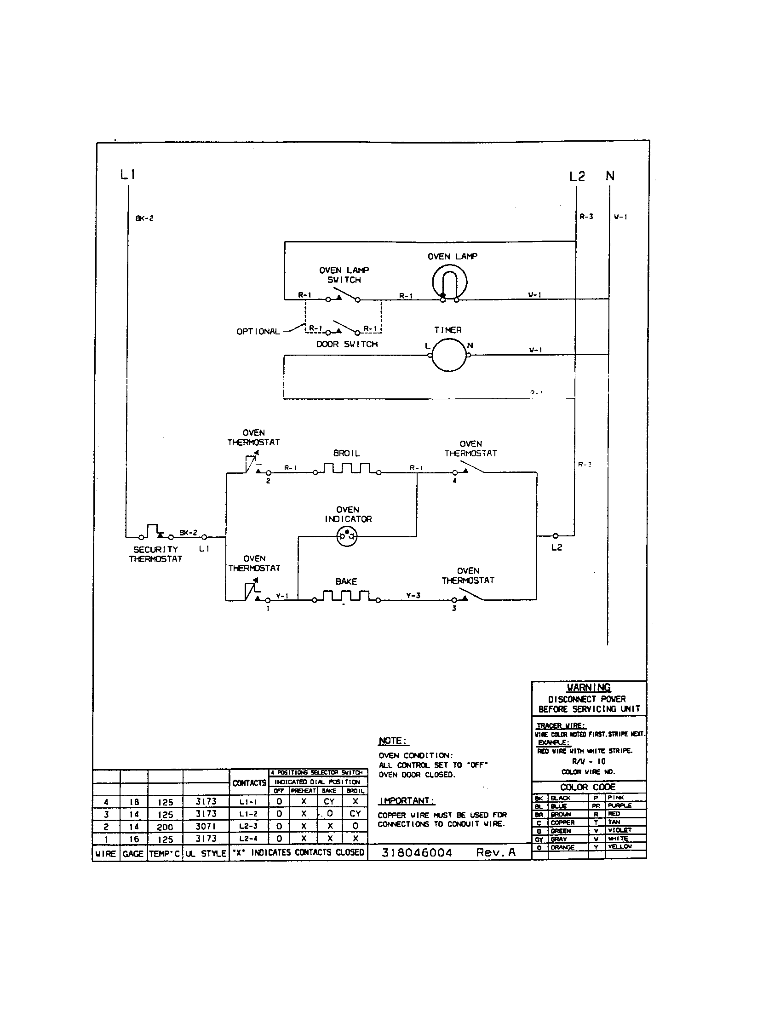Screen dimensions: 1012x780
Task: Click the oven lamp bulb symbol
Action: tap(449, 282)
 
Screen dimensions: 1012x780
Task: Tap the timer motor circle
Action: tap(449, 355)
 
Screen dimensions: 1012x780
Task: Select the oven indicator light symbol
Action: tap(347, 536)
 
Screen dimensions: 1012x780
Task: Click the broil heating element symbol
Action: tap(346, 468)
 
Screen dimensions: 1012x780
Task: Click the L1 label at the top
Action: tap(127, 175)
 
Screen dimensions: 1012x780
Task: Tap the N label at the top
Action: tap(609, 176)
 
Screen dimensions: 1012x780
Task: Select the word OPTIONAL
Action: tap(258, 331)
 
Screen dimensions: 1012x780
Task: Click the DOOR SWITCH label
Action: tap(347, 344)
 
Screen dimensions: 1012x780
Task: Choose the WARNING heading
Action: tap(589, 688)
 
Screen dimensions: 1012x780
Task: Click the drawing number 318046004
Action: tap(416, 852)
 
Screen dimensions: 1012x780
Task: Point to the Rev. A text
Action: tap(496, 852)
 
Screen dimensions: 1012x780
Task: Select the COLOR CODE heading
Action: tap(587, 787)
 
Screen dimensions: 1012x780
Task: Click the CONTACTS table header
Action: tap(249, 782)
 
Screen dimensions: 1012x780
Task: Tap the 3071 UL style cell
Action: tap(206, 826)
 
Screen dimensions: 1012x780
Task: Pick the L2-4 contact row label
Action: tap(249, 838)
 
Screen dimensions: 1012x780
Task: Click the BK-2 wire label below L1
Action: tap(144, 218)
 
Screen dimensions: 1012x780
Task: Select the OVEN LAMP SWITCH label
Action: tap(344, 275)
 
